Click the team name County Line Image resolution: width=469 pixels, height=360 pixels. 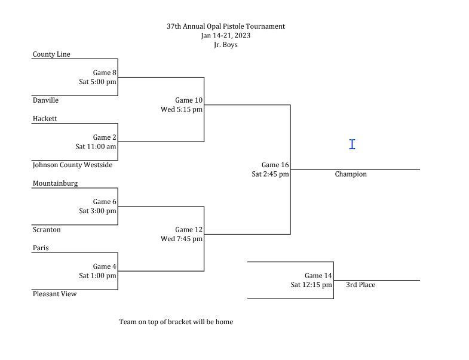[x=51, y=54]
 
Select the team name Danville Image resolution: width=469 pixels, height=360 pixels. [x=45, y=100]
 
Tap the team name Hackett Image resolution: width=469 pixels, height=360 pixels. [x=45, y=118]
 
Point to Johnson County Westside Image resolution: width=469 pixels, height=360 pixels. [x=72, y=165]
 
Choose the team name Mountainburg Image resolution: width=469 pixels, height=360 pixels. [x=55, y=183]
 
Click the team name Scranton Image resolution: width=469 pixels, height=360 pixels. [x=47, y=229]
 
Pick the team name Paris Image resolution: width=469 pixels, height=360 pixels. [x=41, y=248]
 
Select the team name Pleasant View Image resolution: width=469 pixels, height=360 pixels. [x=54, y=294]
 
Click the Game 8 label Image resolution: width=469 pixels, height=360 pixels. [x=105, y=73]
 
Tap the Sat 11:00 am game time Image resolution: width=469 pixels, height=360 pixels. [x=96, y=146]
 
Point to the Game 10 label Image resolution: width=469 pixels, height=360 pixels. [x=189, y=100]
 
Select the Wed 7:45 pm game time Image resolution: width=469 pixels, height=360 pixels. [x=182, y=239]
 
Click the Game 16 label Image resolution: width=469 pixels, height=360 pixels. [x=275, y=165]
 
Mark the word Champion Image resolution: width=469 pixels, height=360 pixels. [x=351, y=174]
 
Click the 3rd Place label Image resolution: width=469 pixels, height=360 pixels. [x=360, y=285]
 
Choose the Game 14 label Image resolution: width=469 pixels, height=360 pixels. [x=318, y=276]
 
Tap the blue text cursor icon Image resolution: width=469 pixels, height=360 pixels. [x=352, y=144]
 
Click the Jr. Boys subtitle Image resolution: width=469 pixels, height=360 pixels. [x=226, y=45]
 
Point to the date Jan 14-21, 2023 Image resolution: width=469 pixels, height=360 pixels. [x=226, y=35]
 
